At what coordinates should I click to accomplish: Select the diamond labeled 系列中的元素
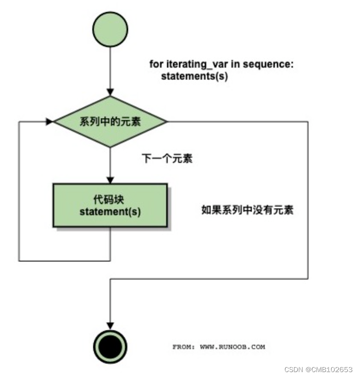click(110, 122)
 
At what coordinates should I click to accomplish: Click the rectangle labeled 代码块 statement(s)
click(110, 205)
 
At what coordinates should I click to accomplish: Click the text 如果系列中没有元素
click(248, 210)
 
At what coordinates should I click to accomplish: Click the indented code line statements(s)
click(195, 77)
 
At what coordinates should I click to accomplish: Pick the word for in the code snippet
click(155, 64)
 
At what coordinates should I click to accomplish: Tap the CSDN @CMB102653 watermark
click(319, 369)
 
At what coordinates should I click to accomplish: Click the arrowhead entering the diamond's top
click(110, 92)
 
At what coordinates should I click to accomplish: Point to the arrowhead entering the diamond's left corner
click(49, 122)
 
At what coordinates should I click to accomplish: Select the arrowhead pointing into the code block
click(110, 179)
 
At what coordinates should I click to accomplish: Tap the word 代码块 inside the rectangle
click(110, 200)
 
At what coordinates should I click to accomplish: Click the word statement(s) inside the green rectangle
click(110, 212)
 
